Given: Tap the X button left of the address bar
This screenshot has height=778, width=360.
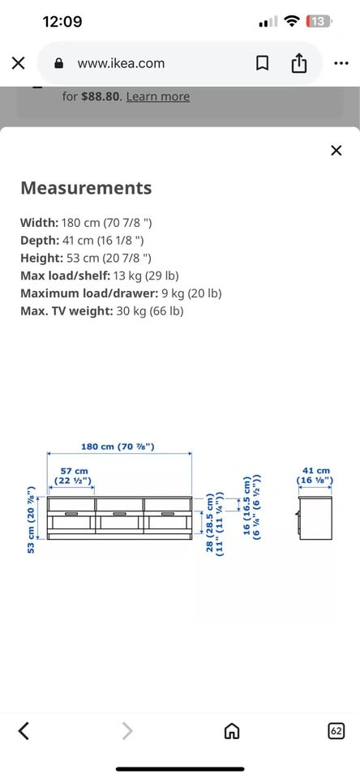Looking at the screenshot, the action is (x=18, y=63).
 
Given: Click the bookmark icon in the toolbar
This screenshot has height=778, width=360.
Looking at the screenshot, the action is (x=262, y=63).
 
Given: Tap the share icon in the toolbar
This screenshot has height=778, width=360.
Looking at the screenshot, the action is (x=299, y=63).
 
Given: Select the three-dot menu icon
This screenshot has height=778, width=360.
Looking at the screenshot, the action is (x=341, y=63).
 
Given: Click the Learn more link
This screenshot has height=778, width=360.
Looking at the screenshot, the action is (x=158, y=96).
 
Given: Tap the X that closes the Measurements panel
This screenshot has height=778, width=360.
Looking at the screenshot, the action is (x=336, y=151).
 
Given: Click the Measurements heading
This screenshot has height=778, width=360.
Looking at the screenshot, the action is (x=86, y=188).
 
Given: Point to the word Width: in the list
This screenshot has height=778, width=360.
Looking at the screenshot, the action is (x=39, y=222).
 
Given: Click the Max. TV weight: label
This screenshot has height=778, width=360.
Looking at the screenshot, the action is (x=67, y=311).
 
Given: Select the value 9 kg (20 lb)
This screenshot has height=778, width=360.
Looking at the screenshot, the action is (x=191, y=293).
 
